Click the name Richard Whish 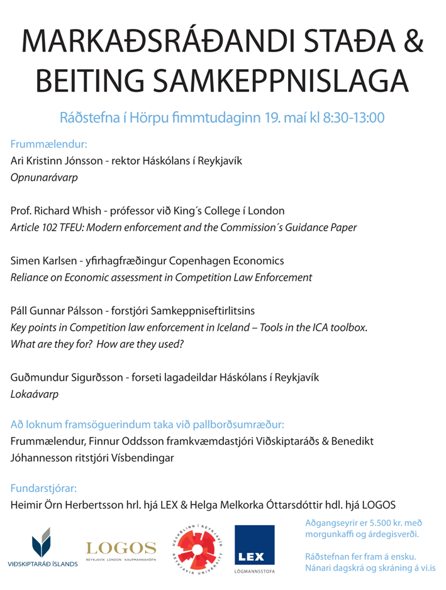[x=64, y=210]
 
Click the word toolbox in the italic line [x=346, y=327]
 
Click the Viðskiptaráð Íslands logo [x=43, y=547]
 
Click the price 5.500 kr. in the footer [x=382, y=523]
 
